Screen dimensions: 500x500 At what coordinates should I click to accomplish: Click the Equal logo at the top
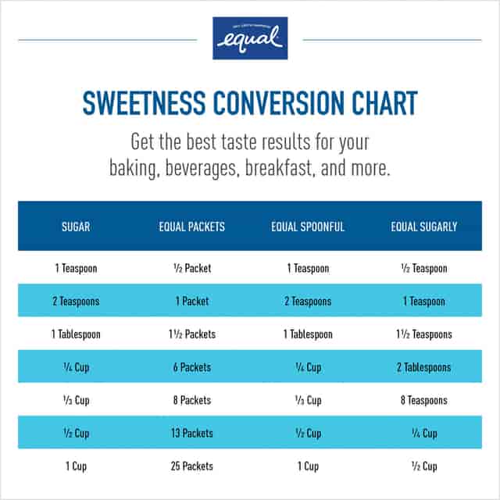[250, 38]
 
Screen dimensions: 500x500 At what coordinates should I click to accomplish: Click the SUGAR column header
[76, 227]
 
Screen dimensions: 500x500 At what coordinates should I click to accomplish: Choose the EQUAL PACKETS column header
[191, 227]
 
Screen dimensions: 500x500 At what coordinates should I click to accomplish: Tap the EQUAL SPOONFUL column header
[308, 227]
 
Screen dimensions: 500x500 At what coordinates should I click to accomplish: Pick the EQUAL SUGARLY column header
[424, 227]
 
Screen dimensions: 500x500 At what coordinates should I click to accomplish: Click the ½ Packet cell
[191, 269]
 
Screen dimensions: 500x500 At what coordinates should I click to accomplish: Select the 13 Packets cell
[191, 434]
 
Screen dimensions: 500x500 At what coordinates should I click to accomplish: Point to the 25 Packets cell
[191, 466]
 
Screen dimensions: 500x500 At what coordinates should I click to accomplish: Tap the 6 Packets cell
[191, 367]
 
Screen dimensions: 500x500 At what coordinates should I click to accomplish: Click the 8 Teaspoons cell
[424, 401]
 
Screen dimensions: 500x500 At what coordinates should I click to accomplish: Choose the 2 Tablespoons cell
[424, 367]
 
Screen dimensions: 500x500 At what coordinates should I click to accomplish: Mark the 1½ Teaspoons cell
[424, 334]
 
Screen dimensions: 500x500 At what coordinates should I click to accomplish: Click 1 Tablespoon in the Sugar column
[76, 334]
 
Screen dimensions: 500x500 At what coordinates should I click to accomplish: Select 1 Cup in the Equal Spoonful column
[308, 466]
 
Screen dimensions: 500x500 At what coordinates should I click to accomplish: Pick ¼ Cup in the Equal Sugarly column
[424, 434]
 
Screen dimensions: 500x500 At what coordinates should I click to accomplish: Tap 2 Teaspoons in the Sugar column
[76, 302]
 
